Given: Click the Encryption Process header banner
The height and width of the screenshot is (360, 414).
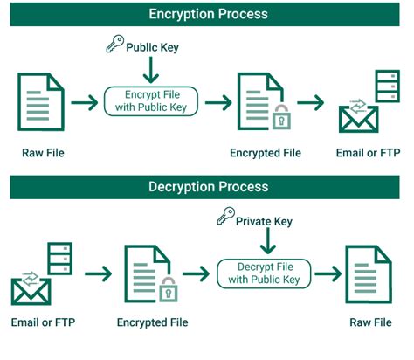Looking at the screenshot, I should (207, 14).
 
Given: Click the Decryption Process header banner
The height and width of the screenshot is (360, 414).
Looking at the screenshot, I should (207, 187).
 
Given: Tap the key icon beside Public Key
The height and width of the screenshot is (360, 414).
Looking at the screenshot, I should (114, 45).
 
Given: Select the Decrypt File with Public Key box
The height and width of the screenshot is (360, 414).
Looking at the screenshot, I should (263, 273).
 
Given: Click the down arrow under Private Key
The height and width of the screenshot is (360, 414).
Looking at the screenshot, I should (263, 241).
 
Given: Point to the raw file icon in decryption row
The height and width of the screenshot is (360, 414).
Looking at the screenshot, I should (367, 273).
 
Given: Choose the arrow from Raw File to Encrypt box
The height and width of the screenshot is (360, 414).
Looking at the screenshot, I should (85, 103).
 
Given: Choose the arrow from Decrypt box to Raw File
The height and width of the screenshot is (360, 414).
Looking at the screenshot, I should (326, 273).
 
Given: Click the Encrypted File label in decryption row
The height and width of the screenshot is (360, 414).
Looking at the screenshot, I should (154, 322).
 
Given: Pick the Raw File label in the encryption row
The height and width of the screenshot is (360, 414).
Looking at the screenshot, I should (43, 154).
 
